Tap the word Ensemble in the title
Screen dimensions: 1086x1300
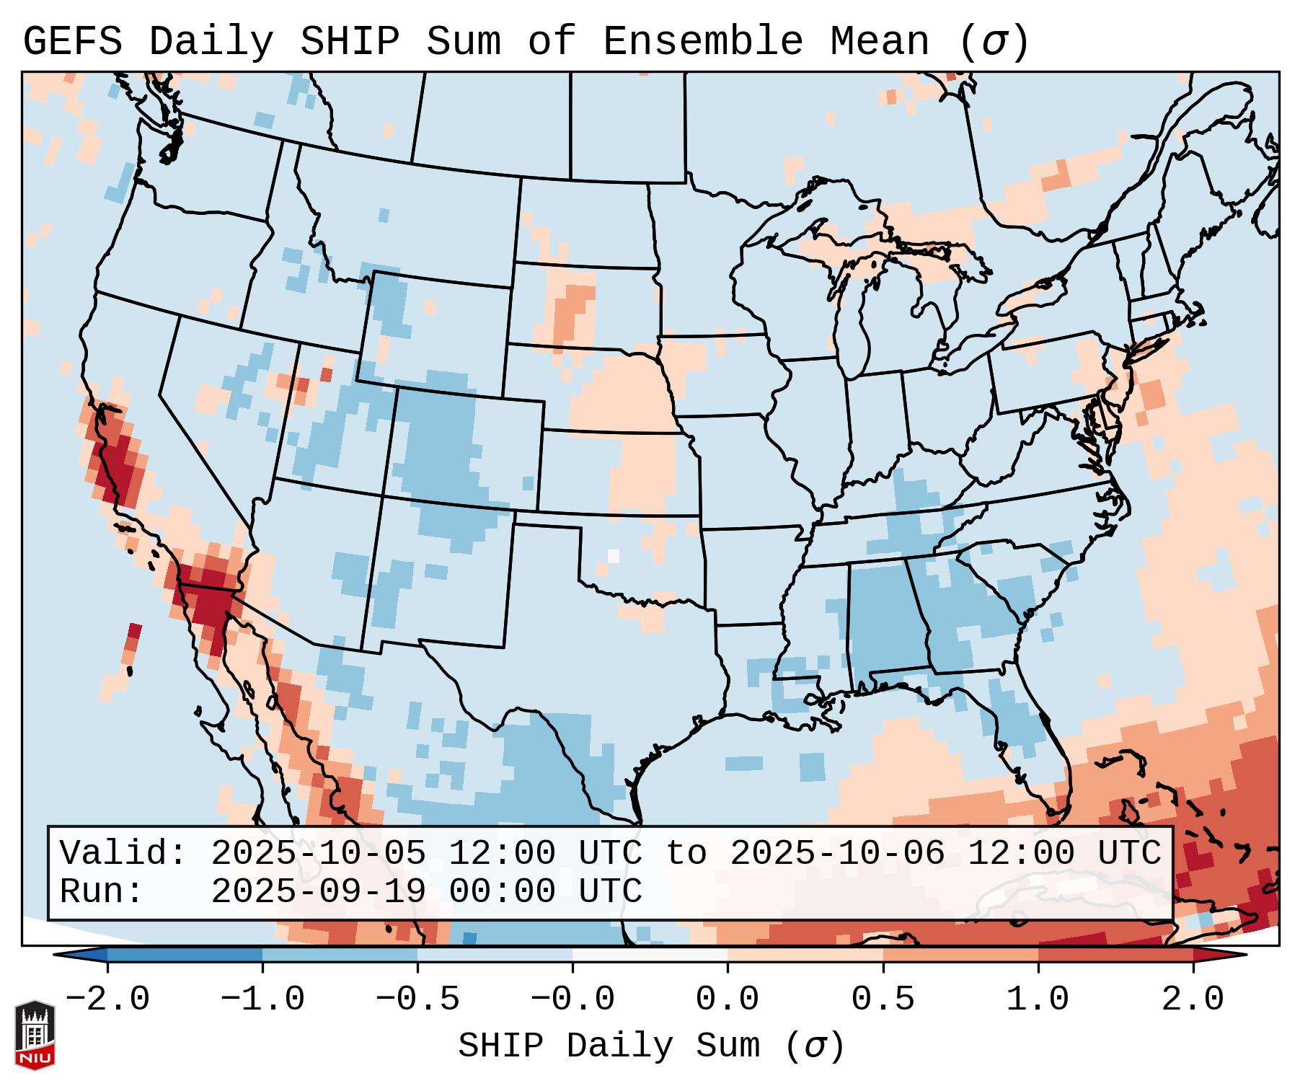(x=702, y=42)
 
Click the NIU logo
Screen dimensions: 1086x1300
(x=35, y=1035)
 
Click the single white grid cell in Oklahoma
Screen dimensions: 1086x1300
(x=614, y=556)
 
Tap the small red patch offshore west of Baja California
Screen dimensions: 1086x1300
(x=133, y=638)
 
